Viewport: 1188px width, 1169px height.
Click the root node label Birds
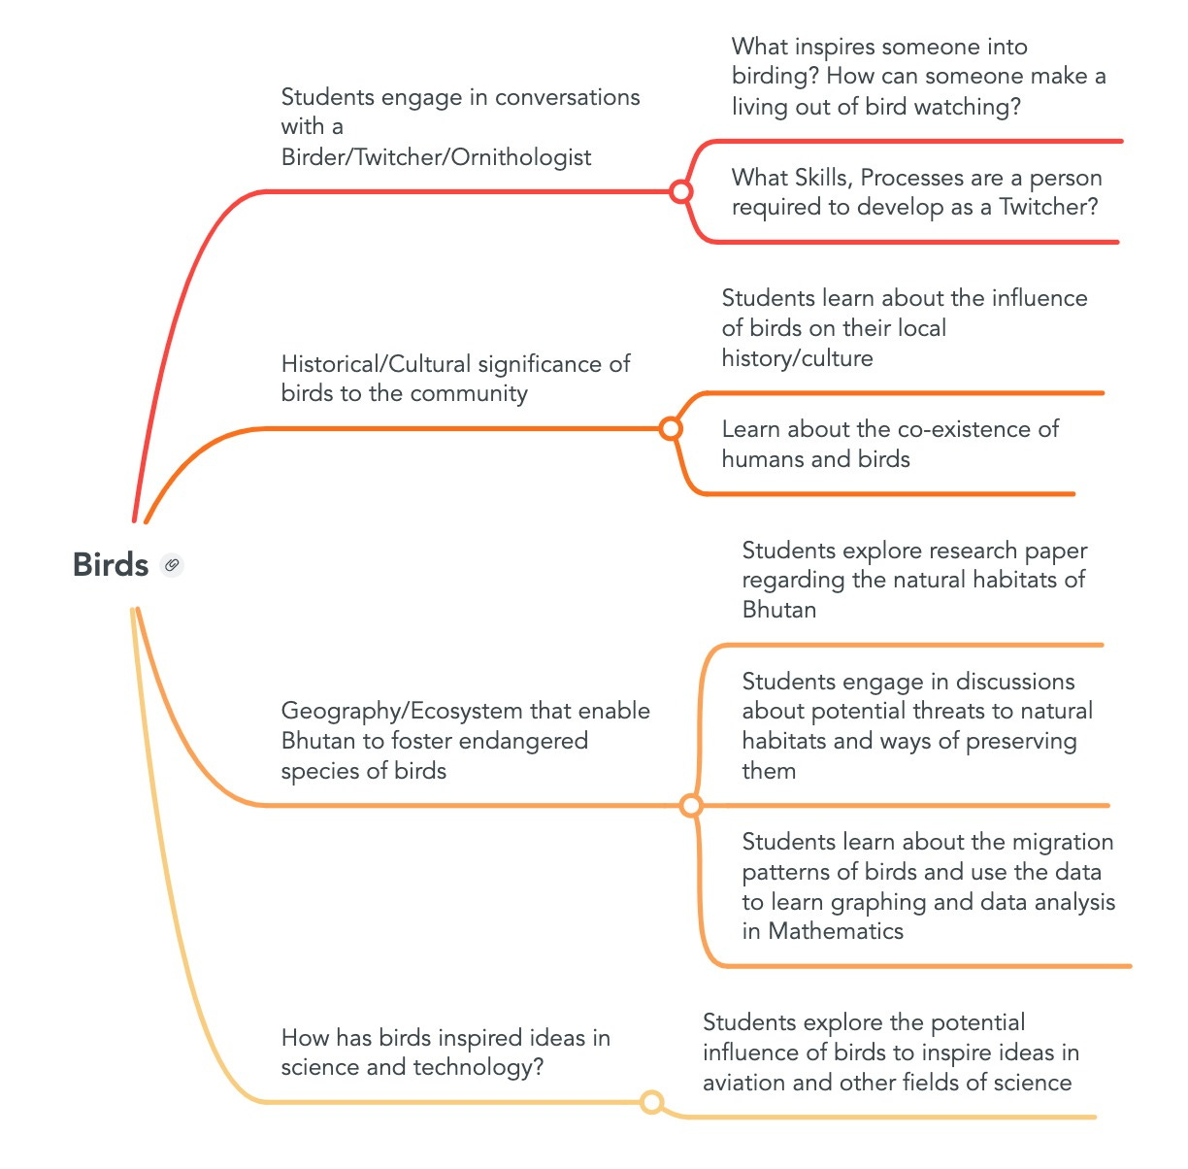tap(110, 564)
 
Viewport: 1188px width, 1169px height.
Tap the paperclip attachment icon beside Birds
tap(172, 564)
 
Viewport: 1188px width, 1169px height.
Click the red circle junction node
tap(681, 191)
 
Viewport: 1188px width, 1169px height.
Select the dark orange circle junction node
tap(670, 428)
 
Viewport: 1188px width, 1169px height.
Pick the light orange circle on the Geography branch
tap(691, 805)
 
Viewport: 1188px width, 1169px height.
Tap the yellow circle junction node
tap(652, 1102)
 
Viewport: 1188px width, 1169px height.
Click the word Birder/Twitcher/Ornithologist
tap(436, 157)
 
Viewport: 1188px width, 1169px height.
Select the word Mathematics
tap(836, 931)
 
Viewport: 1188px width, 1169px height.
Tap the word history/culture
tap(797, 358)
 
